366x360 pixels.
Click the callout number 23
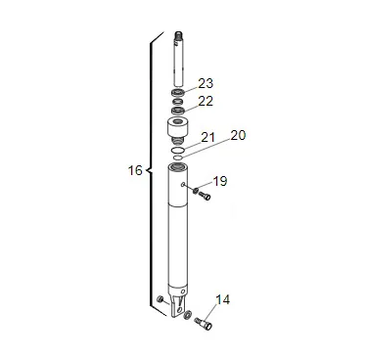pos(206,83)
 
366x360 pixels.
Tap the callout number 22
pos(206,101)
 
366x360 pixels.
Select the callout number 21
pos(208,137)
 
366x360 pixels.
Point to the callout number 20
pos(238,135)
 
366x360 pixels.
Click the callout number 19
pos(220,181)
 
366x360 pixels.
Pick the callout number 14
pos(223,299)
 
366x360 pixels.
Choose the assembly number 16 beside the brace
pos(135,170)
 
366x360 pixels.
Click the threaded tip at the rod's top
pos(178,35)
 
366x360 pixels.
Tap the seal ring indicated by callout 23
pos(178,92)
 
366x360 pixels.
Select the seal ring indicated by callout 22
pos(178,111)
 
